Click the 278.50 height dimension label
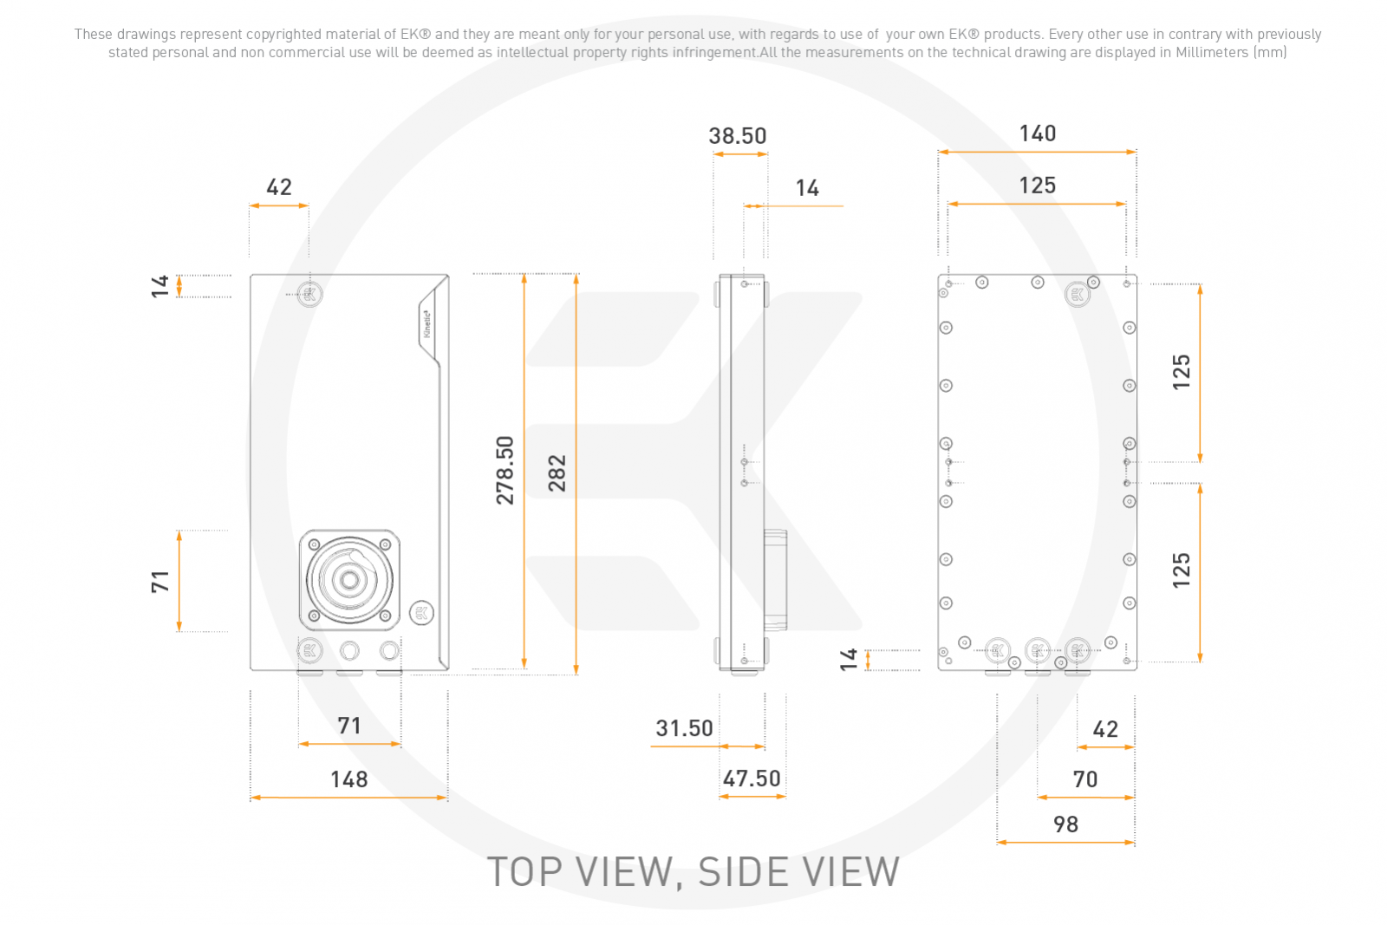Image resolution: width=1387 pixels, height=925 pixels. [x=505, y=470]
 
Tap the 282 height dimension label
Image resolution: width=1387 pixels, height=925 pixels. [x=557, y=473]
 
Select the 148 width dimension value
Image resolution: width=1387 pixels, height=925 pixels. [x=349, y=778]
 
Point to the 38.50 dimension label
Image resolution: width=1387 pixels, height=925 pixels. [x=738, y=135]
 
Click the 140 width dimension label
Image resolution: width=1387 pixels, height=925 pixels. [x=1038, y=134]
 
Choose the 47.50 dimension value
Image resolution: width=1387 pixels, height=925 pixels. [x=752, y=778]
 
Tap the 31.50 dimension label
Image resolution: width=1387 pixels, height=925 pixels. [x=684, y=728]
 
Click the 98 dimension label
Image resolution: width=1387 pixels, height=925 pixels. [x=1065, y=824]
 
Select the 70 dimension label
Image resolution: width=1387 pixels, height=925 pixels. [x=1085, y=778]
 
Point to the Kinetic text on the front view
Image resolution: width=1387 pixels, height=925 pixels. [x=427, y=324]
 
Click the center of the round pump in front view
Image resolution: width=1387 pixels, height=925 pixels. [x=350, y=580]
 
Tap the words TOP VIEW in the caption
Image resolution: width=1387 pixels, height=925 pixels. [x=579, y=872]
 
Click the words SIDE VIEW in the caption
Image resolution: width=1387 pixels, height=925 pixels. [x=798, y=872]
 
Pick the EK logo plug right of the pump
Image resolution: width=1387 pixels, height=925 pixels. [x=421, y=613]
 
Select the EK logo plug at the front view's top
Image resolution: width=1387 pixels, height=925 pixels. [x=309, y=294]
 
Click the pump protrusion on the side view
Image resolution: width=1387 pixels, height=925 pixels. [x=775, y=580]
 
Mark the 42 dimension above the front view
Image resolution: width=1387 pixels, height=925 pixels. [x=278, y=187]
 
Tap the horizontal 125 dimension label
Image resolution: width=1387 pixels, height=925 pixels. [x=1038, y=186]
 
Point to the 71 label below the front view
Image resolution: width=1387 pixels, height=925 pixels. [x=349, y=725]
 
